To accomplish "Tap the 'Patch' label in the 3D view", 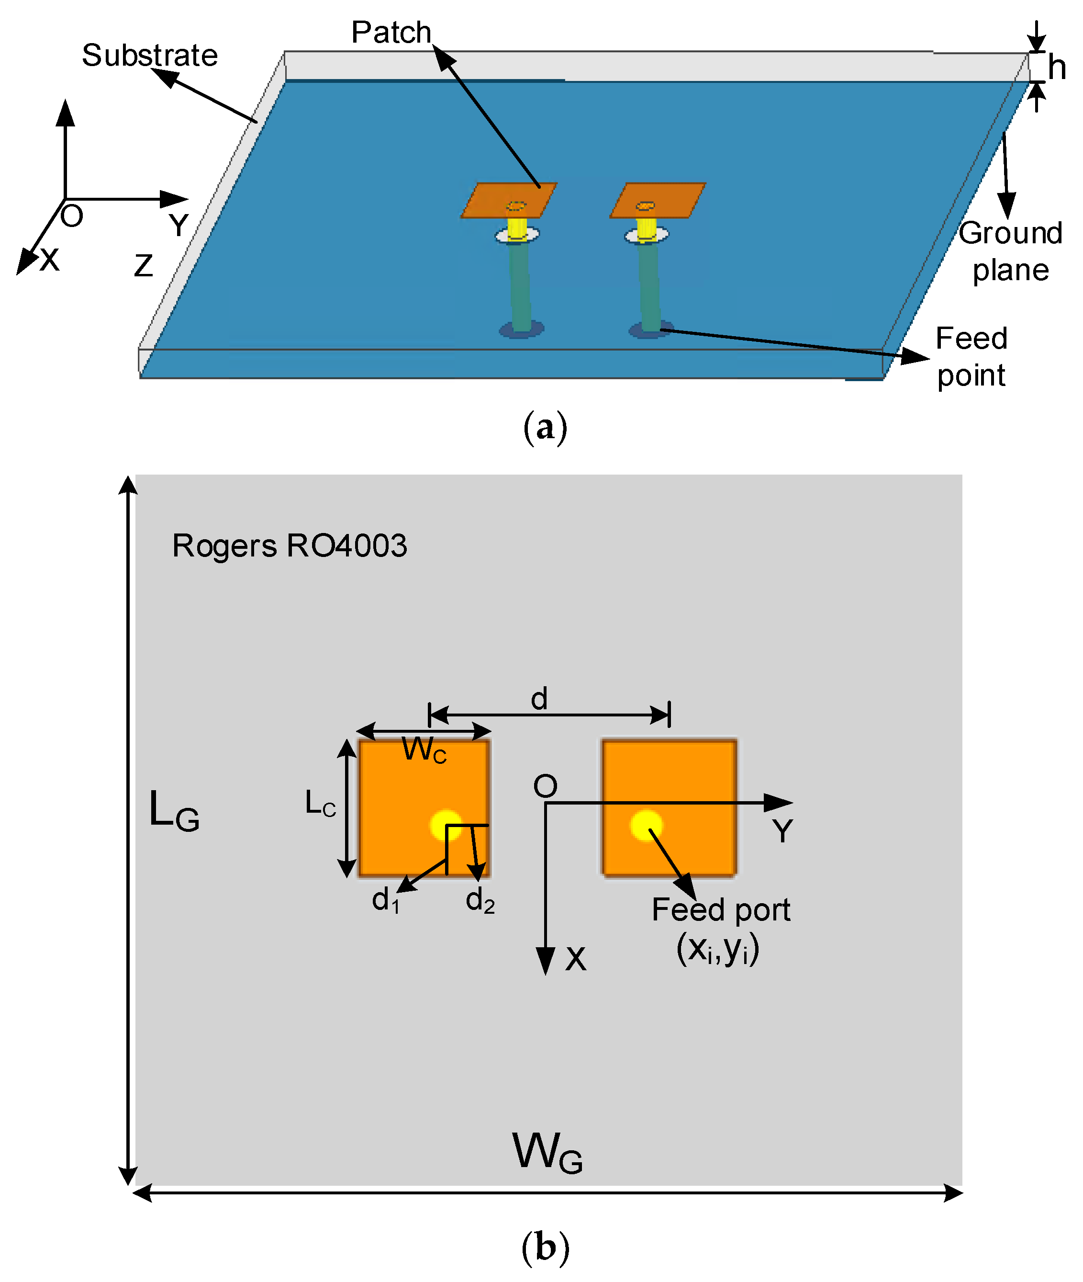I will (x=391, y=33).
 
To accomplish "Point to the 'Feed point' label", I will (x=971, y=357).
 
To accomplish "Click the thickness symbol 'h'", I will (x=1056, y=67).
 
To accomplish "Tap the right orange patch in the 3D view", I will (x=657, y=200).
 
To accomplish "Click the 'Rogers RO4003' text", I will (x=289, y=545).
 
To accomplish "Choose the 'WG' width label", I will (x=547, y=1153).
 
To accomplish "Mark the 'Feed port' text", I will (x=720, y=910).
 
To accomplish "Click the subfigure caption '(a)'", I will (x=545, y=428).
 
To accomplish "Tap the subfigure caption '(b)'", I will (x=545, y=1247).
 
